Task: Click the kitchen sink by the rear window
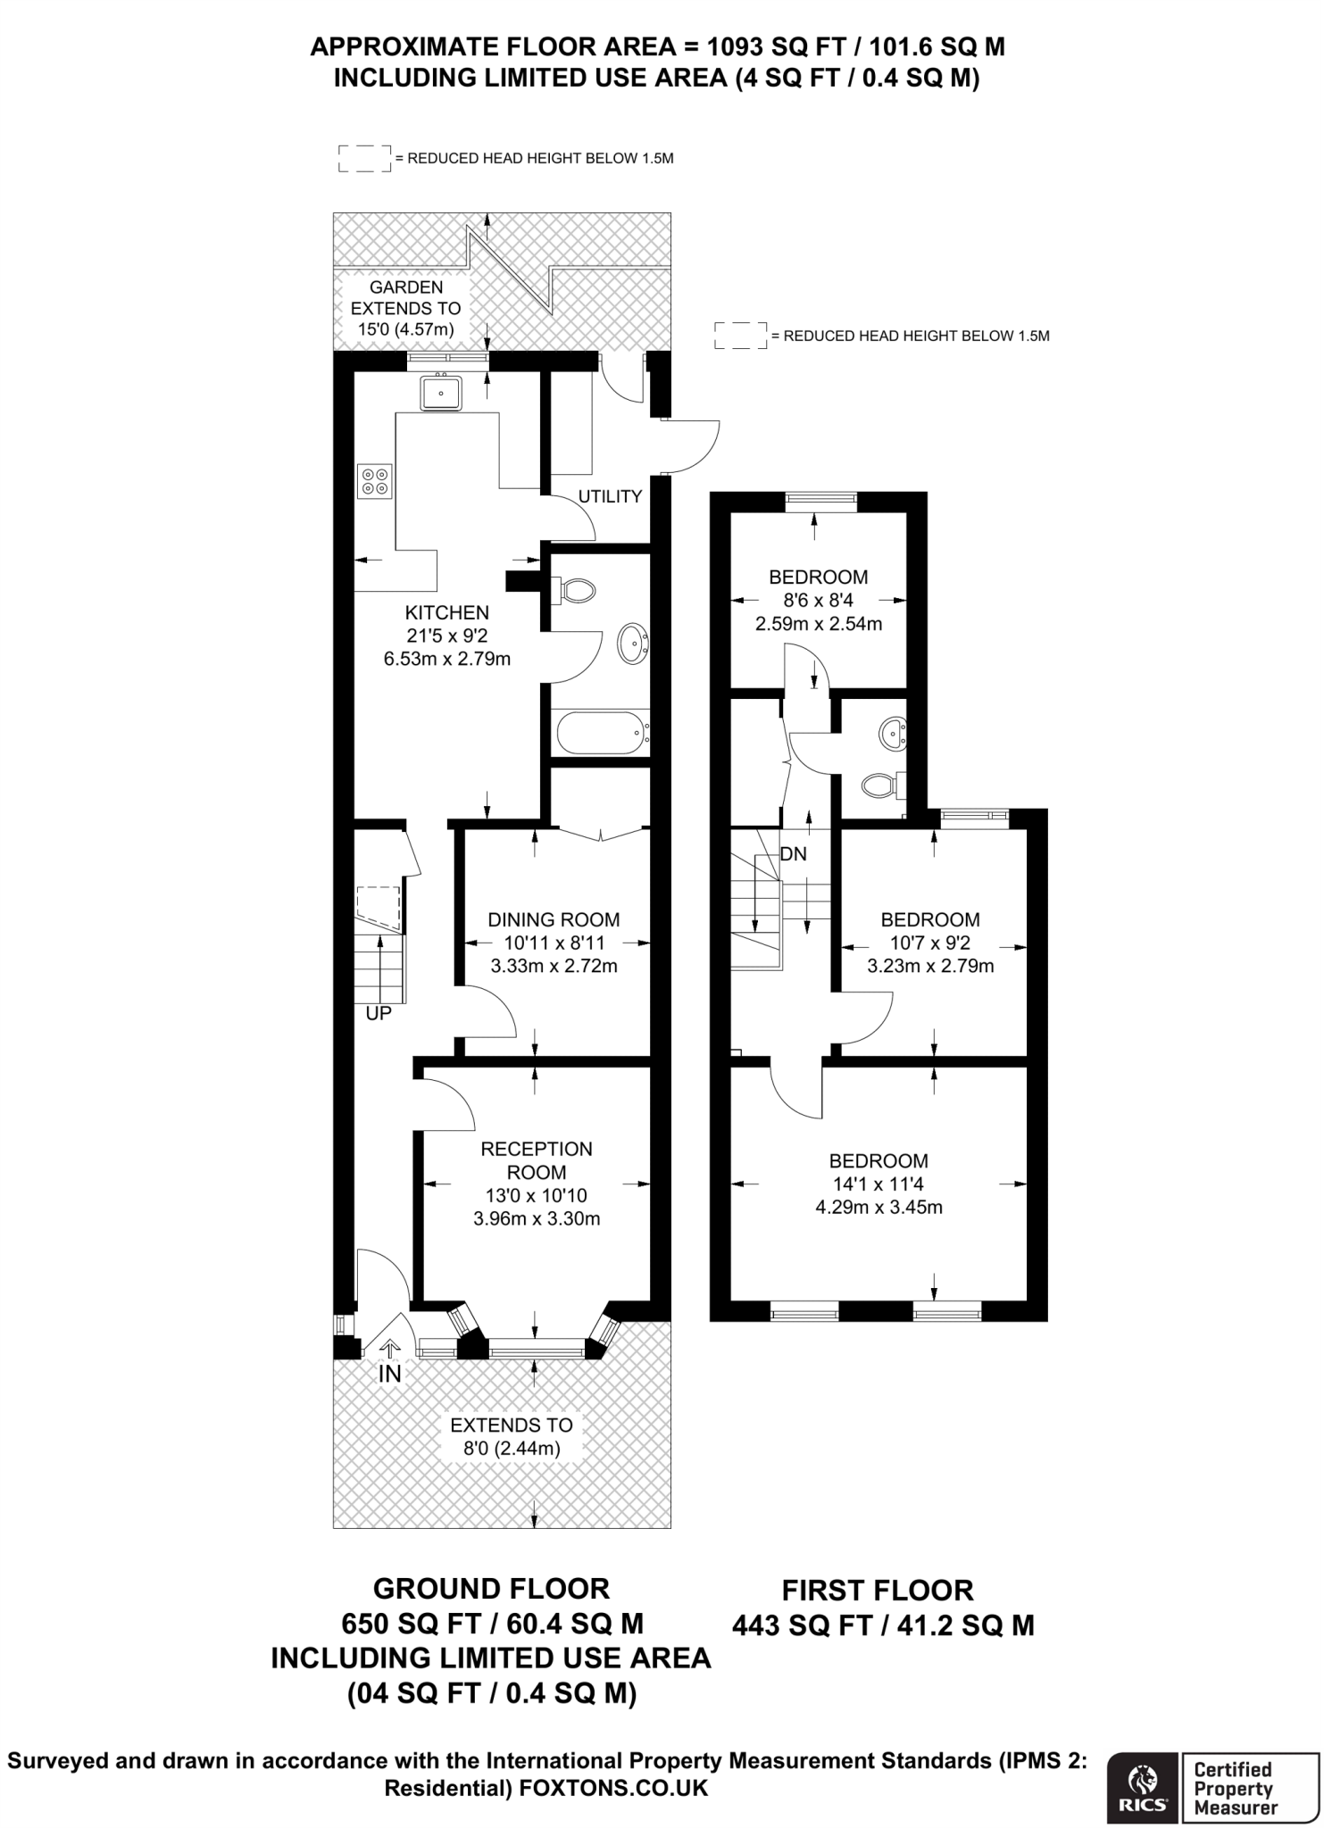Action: coord(442,392)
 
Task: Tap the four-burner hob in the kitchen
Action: coord(374,481)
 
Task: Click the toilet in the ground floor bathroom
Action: coord(575,589)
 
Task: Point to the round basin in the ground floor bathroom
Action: coord(633,643)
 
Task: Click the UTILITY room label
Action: coord(611,496)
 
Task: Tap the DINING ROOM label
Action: coord(554,919)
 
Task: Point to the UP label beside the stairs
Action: coord(379,1014)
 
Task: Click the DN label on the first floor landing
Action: coord(793,854)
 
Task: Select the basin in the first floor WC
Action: coord(893,735)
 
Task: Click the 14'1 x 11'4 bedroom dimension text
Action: coord(879,1184)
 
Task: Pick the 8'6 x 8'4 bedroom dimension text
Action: coord(818,601)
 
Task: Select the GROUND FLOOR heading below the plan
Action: coord(491,1589)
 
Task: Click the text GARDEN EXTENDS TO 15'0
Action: coord(406,308)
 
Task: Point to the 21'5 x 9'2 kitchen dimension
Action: coord(447,636)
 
